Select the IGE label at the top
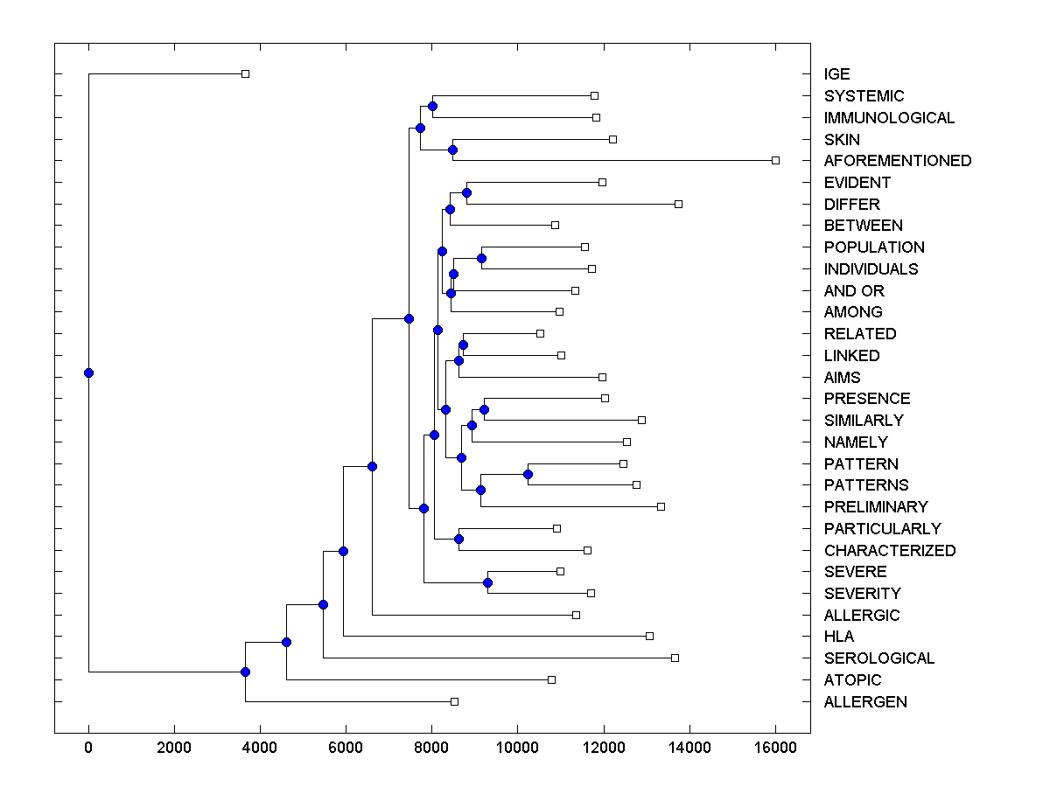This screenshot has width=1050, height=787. pyautogui.click(x=836, y=74)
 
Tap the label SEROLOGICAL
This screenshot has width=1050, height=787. pyautogui.click(x=878, y=658)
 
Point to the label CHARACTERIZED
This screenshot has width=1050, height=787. pyautogui.click(x=889, y=551)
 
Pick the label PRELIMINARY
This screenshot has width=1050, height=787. pyautogui.click(x=875, y=507)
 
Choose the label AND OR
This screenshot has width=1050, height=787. pyautogui.click(x=854, y=291)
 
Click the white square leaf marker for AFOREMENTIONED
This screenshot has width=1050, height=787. pyautogui.click(x=775, y=160)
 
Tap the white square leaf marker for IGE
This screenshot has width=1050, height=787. pyautogui.click(x=245, y=73)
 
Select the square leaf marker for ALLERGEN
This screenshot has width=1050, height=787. pyautogui.click(x=454, y=701)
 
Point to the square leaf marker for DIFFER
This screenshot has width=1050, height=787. pyautogui.click(x=678, y=204)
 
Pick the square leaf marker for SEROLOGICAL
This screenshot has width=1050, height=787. pyautogui.click(x=675, y=658)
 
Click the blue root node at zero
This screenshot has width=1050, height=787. pyautogui.click(x=88, y=373)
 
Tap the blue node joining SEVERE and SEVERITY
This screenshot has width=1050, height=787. pyautogui.click(x=487, y=582)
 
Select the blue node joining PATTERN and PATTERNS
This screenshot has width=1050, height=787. pyautogui.click(x=528, y=474)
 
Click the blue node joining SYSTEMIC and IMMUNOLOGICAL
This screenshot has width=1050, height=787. pyautogui.click(x=432, y=106)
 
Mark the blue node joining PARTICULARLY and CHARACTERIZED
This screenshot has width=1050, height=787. pyautogui.click(x=458, y=539)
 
